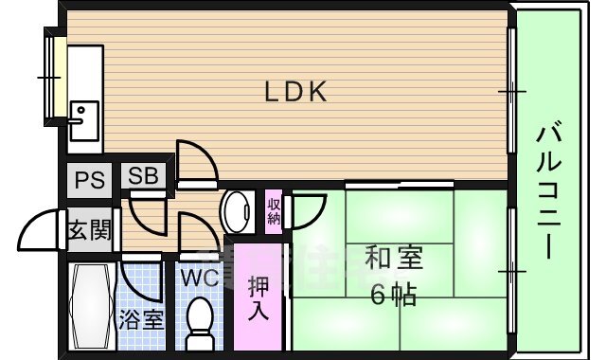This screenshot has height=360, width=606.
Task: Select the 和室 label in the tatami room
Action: click(x=394, y=258)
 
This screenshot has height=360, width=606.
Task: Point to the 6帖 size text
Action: click(x=393, y=296)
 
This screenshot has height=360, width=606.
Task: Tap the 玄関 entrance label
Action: click(x=90, y=230)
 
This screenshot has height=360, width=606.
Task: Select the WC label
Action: click(x=200, y=279)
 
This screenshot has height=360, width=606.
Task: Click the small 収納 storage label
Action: click(x=274, y=211)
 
